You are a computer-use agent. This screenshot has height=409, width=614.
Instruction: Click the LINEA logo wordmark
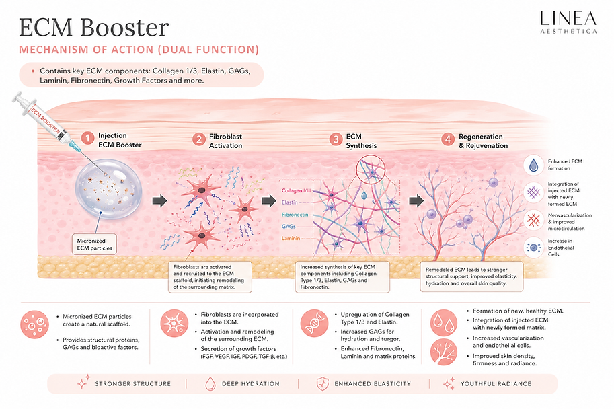pos(568,18)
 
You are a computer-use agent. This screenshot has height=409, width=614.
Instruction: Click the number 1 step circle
pos(87,138)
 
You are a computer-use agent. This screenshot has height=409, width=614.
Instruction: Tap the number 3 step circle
pos(336,139)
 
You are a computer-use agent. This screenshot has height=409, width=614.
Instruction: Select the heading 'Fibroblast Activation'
pos(225,141)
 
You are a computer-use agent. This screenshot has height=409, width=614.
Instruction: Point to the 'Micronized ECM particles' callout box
pos(94,244)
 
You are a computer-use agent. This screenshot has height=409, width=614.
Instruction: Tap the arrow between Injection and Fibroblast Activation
pos(160,201)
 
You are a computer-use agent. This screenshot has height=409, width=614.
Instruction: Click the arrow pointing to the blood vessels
pos(416,201)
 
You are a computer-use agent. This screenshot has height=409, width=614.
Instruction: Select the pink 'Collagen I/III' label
pos(296,191)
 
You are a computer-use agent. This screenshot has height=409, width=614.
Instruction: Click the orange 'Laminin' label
pos(291,238)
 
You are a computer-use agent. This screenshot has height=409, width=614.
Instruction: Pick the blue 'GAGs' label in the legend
pos(289,227)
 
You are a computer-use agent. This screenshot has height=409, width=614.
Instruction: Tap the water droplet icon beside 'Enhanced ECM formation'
pos(533,165)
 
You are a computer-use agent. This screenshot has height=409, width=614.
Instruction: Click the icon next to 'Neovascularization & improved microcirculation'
pos(533,220)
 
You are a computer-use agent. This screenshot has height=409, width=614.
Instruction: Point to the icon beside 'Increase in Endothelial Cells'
pos(533,247)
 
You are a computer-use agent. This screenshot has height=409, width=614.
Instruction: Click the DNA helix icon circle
pos(314,323)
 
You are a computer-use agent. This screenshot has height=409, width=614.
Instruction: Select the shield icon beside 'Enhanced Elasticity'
pos(322,383)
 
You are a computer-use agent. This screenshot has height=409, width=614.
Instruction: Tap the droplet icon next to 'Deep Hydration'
pos(210,384)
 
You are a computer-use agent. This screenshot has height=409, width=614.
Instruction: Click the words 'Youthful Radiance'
pos(496,384)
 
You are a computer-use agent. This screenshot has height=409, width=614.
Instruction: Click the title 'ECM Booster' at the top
pos(94,28)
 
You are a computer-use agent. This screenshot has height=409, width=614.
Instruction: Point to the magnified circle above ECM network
pos(371,170)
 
